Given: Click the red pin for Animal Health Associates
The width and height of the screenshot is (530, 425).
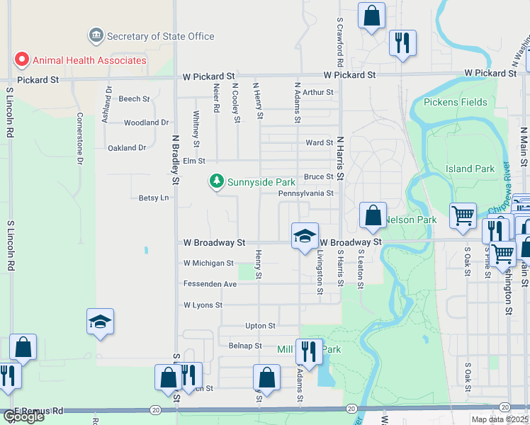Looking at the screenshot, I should (21, 59).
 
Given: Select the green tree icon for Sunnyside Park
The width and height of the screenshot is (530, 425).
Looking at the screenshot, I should (216, 181).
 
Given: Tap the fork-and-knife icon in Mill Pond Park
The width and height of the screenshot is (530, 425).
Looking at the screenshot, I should (309, 351).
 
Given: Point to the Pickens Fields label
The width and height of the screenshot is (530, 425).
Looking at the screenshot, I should (456, 102).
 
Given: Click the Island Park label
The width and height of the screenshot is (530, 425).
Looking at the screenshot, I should (470, 169).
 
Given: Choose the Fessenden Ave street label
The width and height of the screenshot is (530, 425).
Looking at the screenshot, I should (210, 284).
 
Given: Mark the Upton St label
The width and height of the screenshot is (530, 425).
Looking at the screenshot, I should (260, 326).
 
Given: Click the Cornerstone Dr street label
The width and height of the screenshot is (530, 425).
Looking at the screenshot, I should (80, 138).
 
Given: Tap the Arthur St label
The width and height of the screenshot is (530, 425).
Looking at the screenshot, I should (317, 92).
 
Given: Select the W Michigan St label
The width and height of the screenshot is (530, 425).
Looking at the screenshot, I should (208, 263).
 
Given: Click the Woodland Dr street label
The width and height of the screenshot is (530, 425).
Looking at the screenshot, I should (146, 123).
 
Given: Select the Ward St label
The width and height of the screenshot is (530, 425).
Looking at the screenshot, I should (319, 142).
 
